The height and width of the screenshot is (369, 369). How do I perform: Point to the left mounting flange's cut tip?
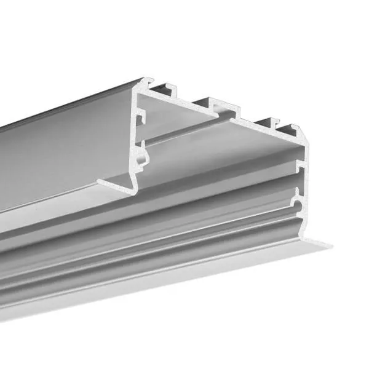pyautogui.click(x=100, y=181)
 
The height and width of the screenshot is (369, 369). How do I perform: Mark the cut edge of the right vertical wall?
pyautogui.click(x=303, y=184)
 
